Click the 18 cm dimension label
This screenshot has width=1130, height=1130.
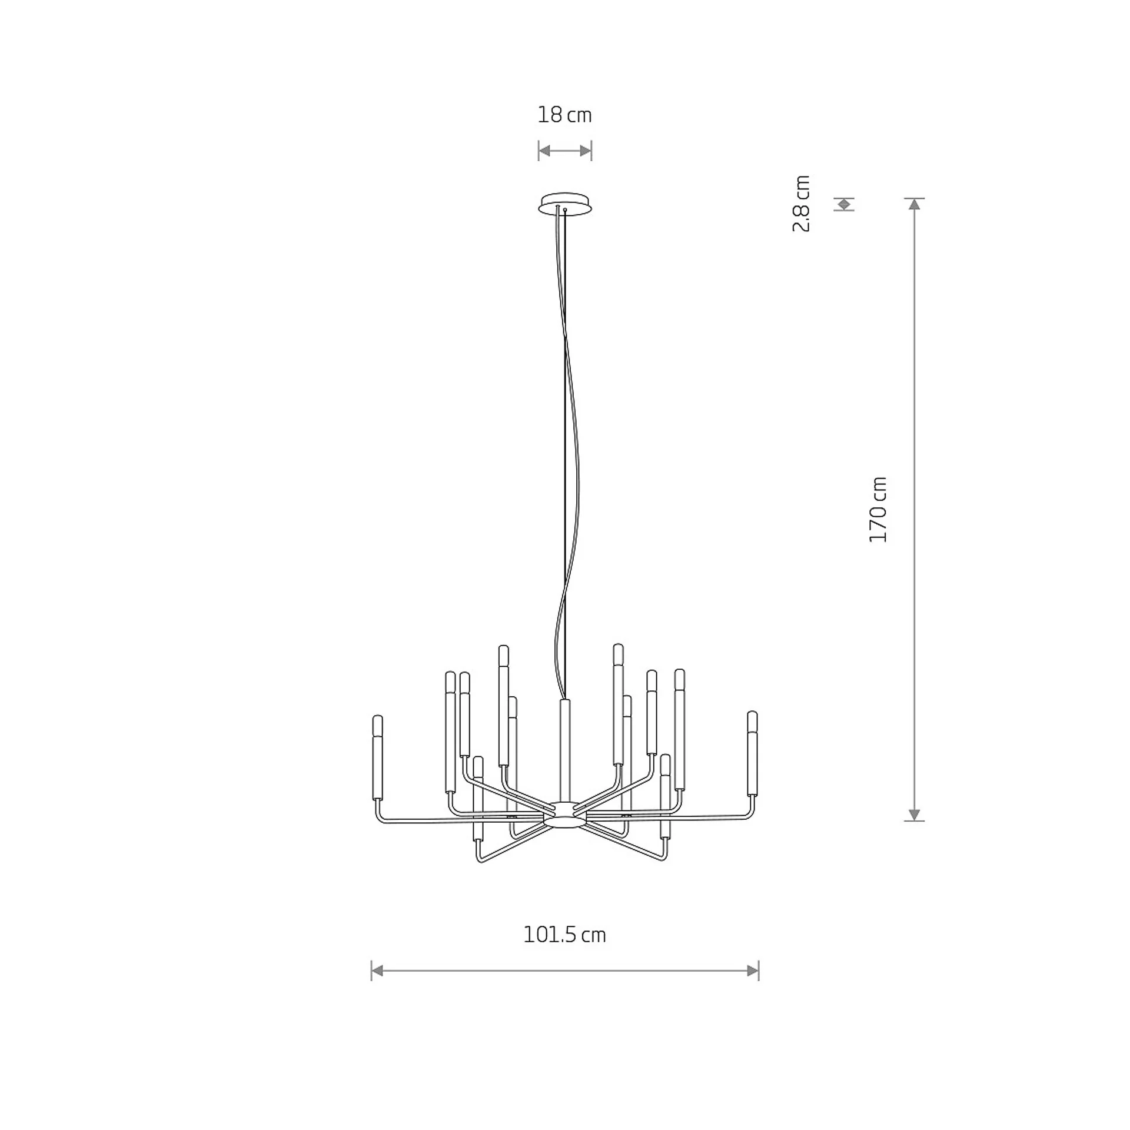(564, 115)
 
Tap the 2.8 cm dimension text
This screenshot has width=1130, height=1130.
(802, 204)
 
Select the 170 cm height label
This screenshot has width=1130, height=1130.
(878, 510)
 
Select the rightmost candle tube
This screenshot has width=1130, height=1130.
(752, 753)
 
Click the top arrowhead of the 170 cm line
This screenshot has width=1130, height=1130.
(914, 204)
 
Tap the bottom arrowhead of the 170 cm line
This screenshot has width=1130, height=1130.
(914, 815)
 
